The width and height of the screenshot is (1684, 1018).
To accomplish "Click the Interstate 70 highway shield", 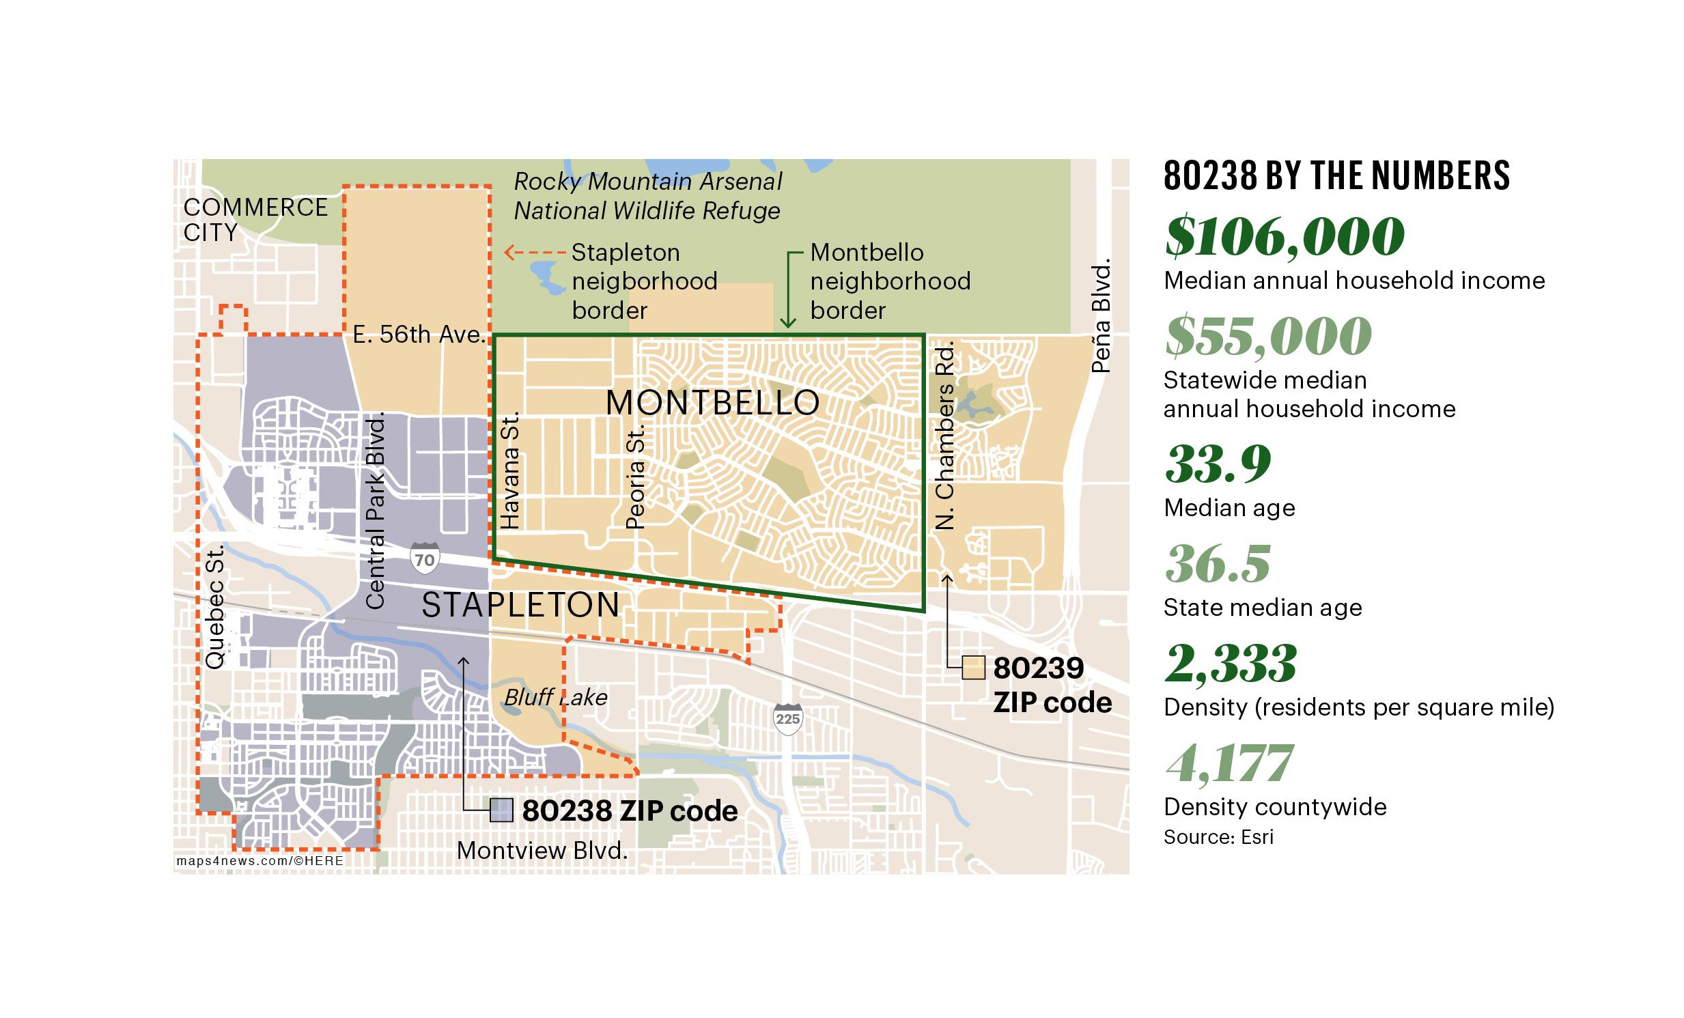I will pos(425,559).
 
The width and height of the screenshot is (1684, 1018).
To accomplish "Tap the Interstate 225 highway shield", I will pos(787,719).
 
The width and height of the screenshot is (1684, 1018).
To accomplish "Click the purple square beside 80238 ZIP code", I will pos(501,810).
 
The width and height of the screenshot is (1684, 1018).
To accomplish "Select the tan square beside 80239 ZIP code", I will pos(973,668).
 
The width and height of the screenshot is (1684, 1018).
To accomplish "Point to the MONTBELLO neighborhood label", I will pos(712,402).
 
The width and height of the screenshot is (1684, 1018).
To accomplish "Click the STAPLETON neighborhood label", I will pos(521,606).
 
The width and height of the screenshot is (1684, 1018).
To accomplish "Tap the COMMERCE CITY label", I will pos(255,219).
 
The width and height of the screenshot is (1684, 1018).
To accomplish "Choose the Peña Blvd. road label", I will pos(1101,315).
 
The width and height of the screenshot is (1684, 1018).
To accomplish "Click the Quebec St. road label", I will pos(215,607).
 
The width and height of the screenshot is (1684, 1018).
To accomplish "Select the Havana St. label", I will pos(510,470).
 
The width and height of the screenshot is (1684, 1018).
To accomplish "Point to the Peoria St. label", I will pos(636,477).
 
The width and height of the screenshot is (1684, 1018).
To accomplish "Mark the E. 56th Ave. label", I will pos(419,334).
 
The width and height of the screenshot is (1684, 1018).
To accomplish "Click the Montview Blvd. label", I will pos(542,851).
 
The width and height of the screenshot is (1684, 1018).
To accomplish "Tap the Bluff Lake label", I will pos(556,697).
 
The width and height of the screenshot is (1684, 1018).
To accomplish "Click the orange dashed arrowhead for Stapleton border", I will pos(509,253).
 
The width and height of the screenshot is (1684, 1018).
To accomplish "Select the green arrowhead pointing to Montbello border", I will pos(788,323).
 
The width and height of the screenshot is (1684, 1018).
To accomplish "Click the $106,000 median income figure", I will pos(1285,236).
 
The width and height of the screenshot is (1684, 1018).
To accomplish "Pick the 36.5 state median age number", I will pos(1218,565).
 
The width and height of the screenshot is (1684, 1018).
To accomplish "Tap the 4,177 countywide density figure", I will pos(1229,764).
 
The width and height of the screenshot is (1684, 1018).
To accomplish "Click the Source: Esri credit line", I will pos(1218,837).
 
